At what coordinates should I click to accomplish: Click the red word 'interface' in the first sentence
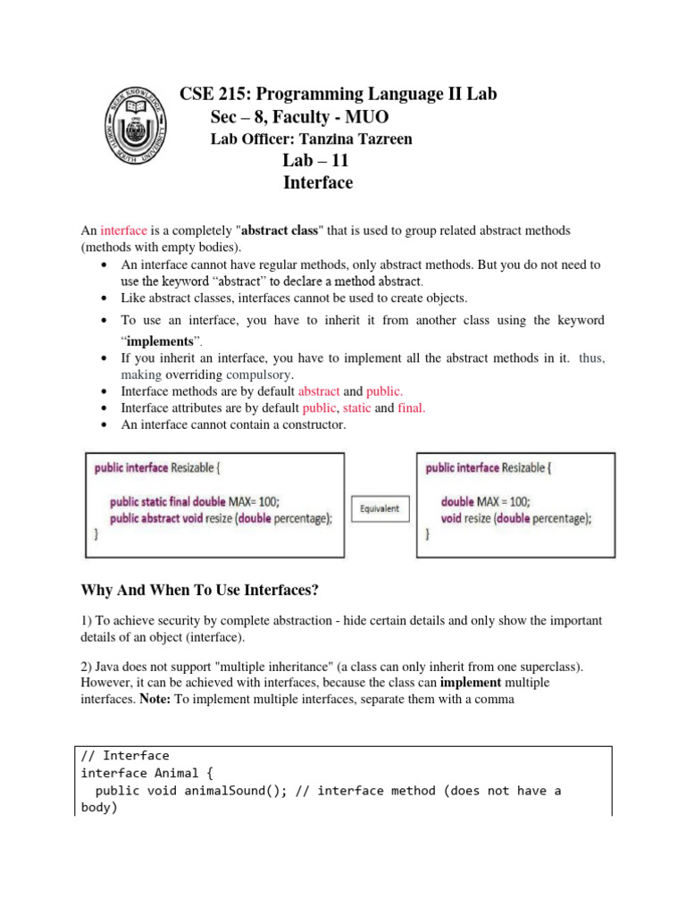click(126, 231)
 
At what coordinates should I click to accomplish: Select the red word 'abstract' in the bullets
click(318, 391)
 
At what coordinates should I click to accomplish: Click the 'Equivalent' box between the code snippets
click(380, 509)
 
